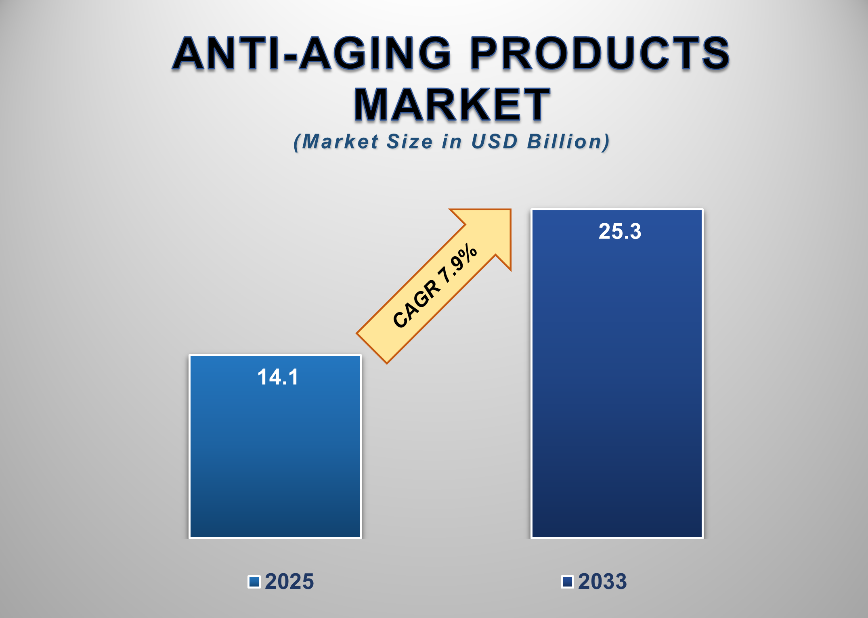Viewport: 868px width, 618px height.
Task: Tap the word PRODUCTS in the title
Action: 600,53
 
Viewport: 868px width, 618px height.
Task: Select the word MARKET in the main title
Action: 452,105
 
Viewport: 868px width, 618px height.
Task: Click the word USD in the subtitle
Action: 494,142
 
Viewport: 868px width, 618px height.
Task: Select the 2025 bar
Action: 275,456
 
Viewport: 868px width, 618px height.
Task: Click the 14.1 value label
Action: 278,377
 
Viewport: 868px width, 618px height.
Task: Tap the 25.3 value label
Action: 620,231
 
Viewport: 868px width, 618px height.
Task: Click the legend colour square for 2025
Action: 254,582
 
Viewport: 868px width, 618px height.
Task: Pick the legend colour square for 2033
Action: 567,582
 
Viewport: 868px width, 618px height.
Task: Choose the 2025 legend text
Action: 289,582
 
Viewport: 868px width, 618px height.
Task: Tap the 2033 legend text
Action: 602,582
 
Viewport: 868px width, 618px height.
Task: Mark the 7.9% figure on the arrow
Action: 458,264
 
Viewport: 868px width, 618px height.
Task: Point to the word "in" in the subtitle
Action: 451,142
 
